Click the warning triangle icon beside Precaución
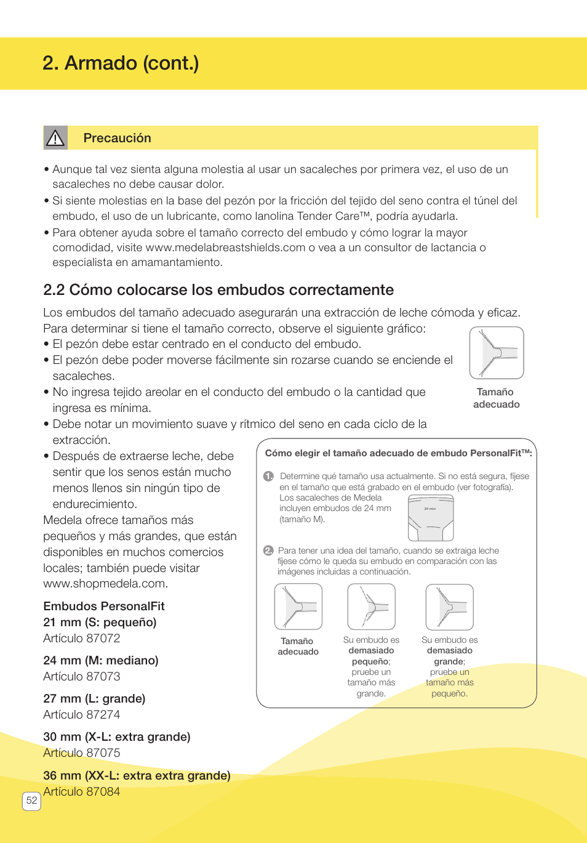(55, 138)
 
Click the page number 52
(31, 801)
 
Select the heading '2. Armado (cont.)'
(121, 63)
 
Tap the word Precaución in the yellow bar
(117, 138)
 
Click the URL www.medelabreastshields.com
(225, 248)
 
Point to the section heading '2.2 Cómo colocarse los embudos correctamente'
(218, 290)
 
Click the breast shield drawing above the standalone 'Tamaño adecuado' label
(496, 353)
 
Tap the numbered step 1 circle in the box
(268, 476)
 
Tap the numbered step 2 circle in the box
(268, 551)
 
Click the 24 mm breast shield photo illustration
(431, 518)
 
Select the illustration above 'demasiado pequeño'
(371, 607)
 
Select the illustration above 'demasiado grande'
(449, 607)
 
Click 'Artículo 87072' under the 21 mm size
(82, 639)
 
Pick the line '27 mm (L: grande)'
(94, 699)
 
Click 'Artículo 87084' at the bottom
(82, 792)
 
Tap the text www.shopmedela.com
(105, 584)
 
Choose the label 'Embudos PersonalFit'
(104, 607)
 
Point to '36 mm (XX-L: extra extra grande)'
(137, 776)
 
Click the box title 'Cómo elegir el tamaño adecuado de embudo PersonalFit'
(397, 453)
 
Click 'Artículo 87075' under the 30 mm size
(82, 753)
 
